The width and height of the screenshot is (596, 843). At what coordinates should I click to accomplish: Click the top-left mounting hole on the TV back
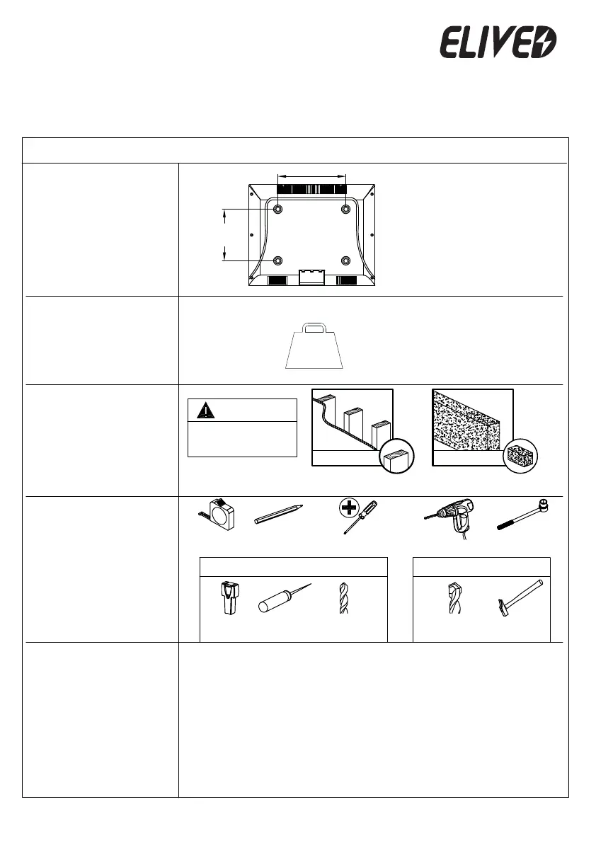277,209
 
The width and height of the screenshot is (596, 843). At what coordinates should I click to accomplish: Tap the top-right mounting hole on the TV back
346,209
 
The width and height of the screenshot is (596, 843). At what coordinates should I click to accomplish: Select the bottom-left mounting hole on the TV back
277,261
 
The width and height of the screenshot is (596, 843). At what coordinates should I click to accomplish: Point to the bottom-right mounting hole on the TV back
346,261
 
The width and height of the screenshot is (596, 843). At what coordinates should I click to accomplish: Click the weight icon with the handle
314,347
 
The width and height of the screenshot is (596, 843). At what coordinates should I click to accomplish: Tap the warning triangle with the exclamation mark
204,410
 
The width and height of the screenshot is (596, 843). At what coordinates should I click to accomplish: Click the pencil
278,515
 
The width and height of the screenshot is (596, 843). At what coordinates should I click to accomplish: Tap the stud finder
229,599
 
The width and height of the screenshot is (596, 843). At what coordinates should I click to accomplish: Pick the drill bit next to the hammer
454,599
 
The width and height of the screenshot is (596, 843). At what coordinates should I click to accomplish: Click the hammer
515,599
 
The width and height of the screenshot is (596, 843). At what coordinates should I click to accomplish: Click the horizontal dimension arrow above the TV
311,174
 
